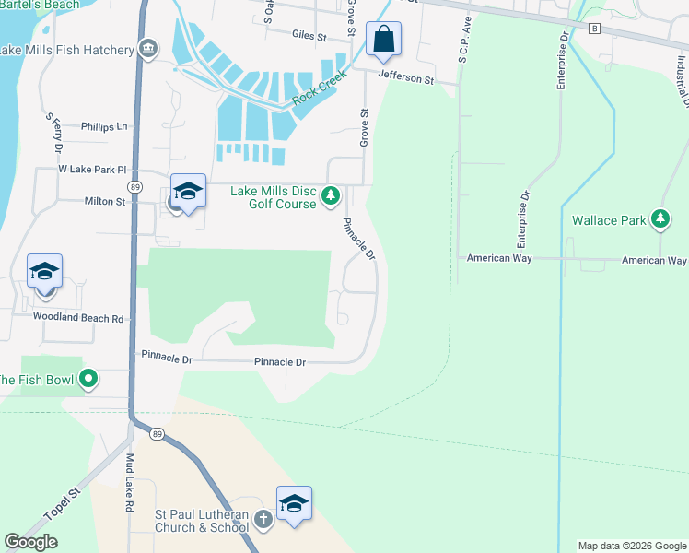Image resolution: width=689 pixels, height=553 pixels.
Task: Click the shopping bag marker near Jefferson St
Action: pyautogui.click(x=383, y=40)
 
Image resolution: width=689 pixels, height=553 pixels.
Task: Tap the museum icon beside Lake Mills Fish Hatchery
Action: pyautogui.click(x=147, y=49)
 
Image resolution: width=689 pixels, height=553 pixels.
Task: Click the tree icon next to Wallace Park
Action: pyautogui.click(x=660, y=219)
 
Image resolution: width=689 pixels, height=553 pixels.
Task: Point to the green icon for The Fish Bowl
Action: pyautogui.click(x=88, y=379)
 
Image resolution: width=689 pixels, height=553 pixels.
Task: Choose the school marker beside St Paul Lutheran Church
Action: pyautogui.click(x=294, y=504)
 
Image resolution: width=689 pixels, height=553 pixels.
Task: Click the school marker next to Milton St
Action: pyautogui.click(x=188, y=192)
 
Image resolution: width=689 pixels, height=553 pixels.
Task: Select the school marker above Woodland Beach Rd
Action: pyautogui.click(x=44, y=272)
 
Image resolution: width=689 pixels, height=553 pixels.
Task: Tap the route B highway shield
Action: pyautogui.click(x=595, y=29)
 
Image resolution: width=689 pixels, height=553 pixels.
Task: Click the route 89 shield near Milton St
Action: pyautogui.click(x=135, y=186)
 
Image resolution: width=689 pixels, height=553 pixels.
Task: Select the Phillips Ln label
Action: pyautogui.click(x=103, y=126)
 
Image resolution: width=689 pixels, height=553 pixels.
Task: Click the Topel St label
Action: pyautogui.click(x=63, y=503)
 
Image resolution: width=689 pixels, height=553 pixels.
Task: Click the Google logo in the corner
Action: pyautogui.click(x=30, y=542)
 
